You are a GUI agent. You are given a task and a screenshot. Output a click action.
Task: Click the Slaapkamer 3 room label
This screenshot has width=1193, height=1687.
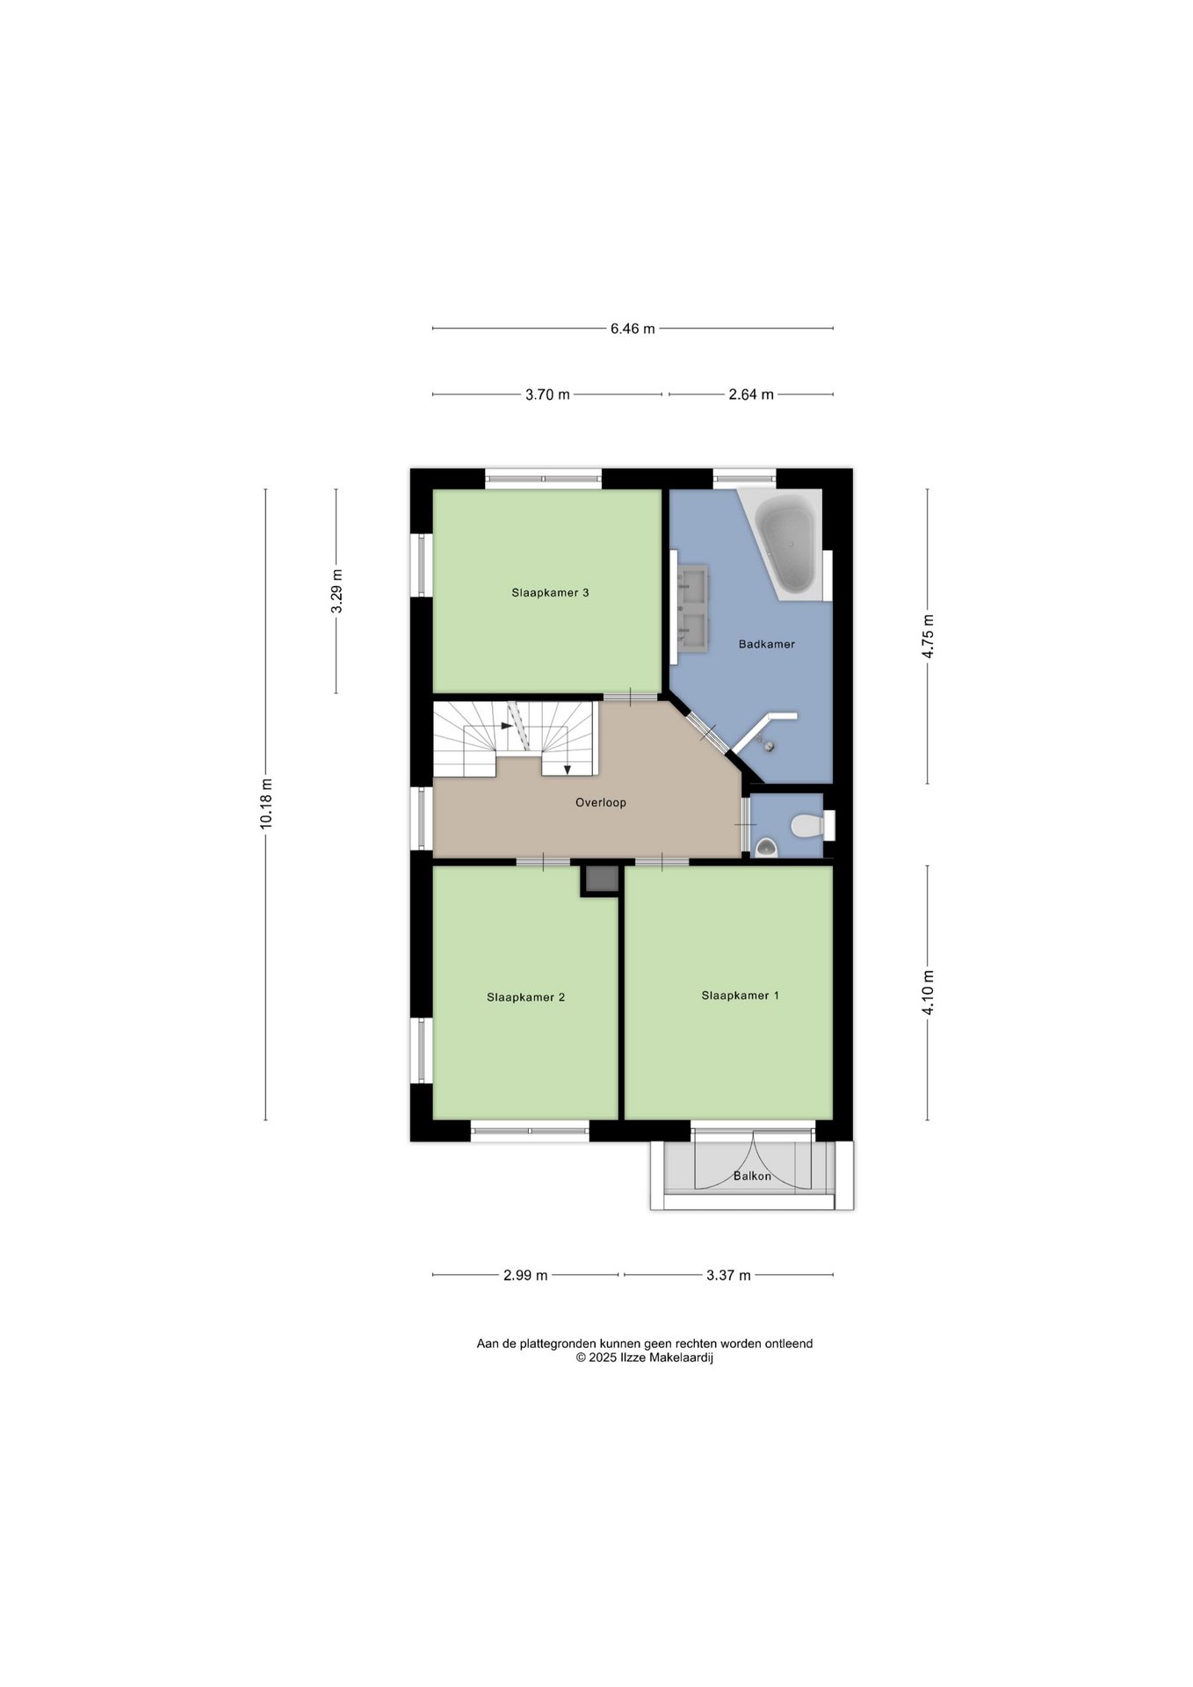tap(550, 592)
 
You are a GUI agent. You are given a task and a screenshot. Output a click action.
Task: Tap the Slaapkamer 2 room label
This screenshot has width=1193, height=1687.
tap(525, 997)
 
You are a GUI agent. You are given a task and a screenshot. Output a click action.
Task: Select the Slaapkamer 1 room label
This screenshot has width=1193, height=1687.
tap(740, 996)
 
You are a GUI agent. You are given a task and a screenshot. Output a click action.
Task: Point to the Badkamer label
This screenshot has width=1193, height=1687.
tap(766, 644)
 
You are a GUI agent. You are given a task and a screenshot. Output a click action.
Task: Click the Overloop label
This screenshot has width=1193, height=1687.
tap(601, 802)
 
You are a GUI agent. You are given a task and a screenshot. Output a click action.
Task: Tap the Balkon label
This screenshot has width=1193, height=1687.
tap(752, 1176)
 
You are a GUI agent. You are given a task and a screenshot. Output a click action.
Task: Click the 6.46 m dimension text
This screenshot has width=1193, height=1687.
tap(633, 329)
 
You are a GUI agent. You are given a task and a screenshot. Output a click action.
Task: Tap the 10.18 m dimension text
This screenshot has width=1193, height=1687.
tap(266, 803)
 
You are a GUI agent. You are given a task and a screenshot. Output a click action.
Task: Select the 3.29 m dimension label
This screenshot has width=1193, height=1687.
tap(336, 592)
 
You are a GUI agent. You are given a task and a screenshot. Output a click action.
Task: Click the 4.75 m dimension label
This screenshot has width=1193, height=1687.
tap(928, 636)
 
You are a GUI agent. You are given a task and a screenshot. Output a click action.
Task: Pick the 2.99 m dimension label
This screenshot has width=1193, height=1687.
tap(525, 1275)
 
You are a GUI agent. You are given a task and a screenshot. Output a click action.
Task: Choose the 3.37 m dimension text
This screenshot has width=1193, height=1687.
tap(728, 1275)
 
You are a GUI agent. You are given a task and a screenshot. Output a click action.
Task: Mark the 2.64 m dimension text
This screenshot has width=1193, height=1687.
tap(751, 395)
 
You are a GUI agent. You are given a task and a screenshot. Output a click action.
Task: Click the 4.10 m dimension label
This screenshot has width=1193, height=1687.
tap(928, 993)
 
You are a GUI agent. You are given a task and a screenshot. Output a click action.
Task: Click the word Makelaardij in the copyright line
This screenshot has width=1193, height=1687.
tap(680, 1357)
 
